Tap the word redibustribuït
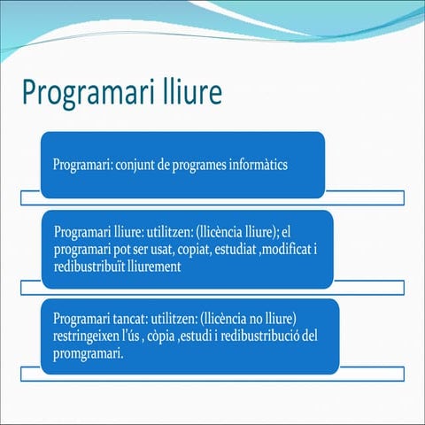(92, 267)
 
